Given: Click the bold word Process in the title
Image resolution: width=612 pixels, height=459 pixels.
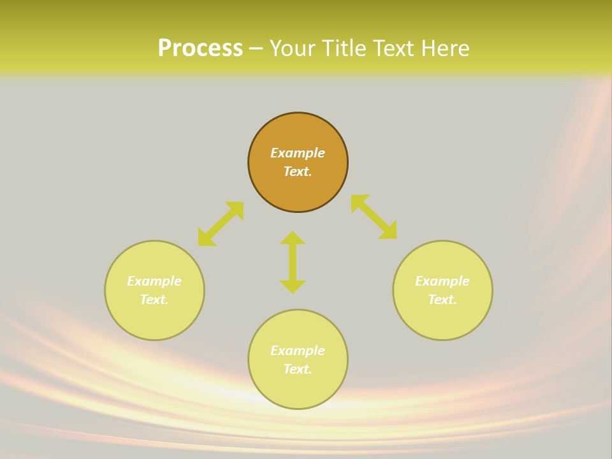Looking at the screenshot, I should (200, 48).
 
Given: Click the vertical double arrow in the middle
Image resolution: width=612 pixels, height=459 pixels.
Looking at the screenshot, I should (293, 262).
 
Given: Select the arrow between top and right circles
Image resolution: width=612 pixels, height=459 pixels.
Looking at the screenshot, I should (374, 217).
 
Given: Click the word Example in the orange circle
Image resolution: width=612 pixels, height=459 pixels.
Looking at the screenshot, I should (298, 153).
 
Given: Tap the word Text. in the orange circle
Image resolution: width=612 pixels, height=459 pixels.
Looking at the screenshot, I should (298, 171).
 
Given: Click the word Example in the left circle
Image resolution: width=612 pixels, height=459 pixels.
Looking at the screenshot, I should (154, 281).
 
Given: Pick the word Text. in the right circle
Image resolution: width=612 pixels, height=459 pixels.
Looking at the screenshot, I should (442, 300).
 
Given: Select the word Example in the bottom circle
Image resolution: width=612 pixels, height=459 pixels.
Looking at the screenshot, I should (298, 351).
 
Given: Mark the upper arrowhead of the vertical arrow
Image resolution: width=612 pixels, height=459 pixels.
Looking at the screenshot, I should (293, 238).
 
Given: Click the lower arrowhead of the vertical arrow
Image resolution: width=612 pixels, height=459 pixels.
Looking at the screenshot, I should (293, 286).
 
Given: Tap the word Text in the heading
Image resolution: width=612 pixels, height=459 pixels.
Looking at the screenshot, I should (393, 48).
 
